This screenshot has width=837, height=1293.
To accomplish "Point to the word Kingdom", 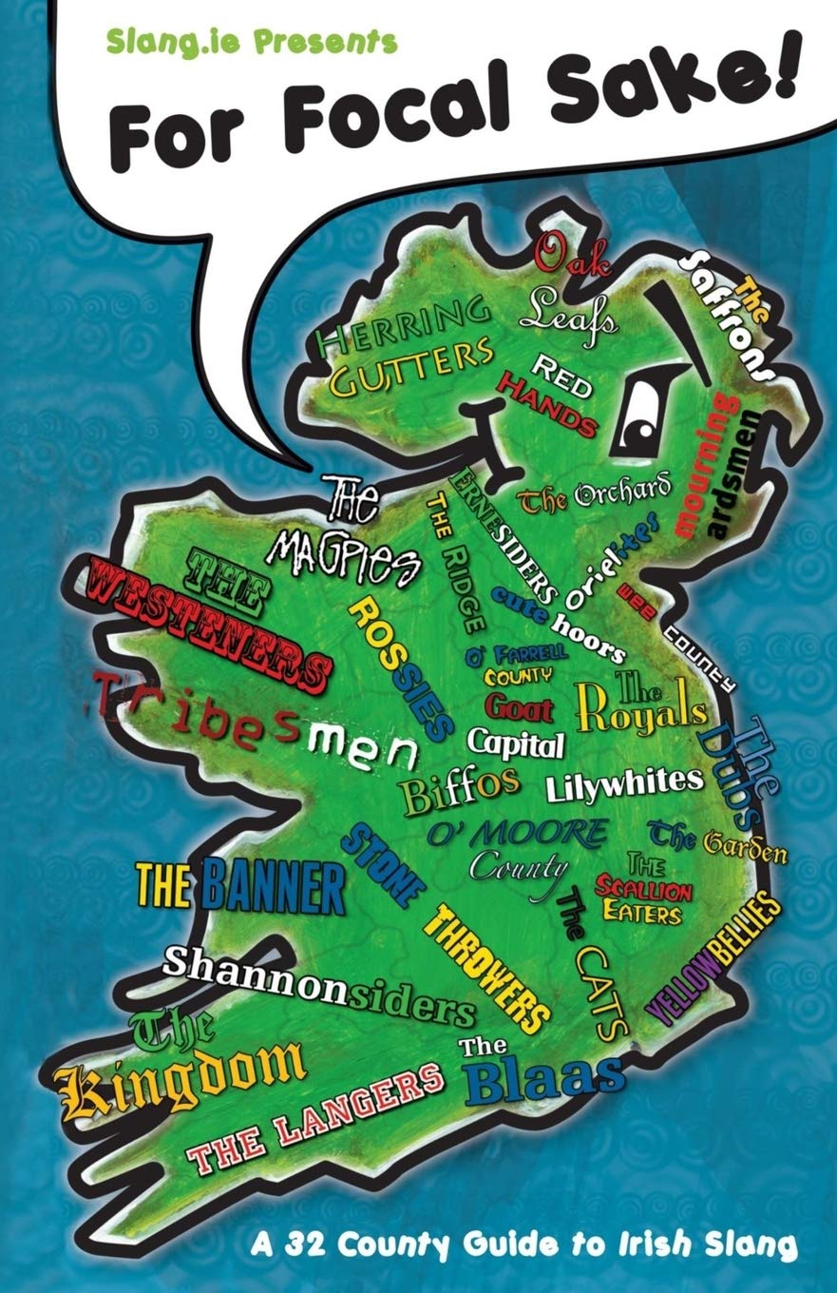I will point(181,1075).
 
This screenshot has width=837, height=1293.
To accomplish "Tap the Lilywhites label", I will point(624,782).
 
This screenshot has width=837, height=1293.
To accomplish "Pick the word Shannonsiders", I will point(318,980).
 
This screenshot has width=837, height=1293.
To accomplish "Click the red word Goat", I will point(519,706).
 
